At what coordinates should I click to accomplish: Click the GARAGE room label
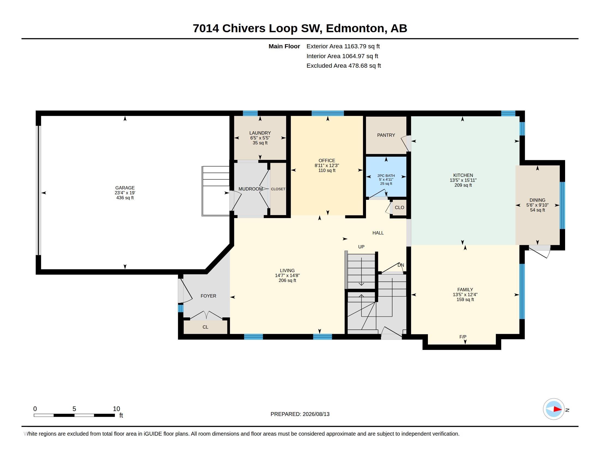click(x=125, y=188)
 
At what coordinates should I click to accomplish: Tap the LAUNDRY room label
click(x=260, y=133)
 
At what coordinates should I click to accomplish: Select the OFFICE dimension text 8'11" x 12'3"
click(x=327, y=165)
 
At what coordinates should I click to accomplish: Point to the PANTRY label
click(x=386, y=135)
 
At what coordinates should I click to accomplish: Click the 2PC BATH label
click(x=386, y=176)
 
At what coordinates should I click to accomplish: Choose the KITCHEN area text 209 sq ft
click(x=463, y=185)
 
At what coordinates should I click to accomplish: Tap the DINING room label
click(x=537, y=200)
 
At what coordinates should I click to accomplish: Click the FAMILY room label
click(x=465, y=289)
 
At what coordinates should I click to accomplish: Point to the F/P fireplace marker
click(x=463, y=337)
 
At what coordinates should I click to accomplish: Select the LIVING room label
click(x=287, y=270)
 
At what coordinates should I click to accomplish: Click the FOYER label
click(x=208, y=296)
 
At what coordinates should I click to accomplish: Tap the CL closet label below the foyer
click(x=205, y=327)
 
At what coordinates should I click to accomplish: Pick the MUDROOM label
click(x=250, y=189)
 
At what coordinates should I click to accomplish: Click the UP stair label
click(x=361, y=247)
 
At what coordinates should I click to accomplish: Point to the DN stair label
click(x=401, y=265)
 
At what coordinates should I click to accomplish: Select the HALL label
click(x=378, y=233)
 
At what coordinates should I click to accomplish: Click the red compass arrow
click(x=557, y=409)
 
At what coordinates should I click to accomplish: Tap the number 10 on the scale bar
click(x=116, y=409)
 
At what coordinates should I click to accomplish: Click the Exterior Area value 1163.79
click(x=355, y=46)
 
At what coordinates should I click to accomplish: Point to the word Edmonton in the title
click(x=355, y=28)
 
